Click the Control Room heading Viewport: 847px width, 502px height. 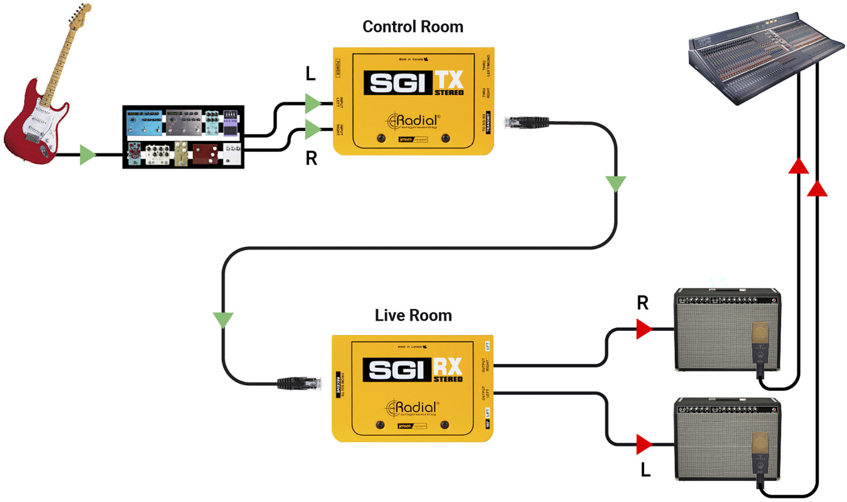click(412, 26)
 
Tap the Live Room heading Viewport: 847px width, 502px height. click(413, 315)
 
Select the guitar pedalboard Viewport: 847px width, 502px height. click(183, 137)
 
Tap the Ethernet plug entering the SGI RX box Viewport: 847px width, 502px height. click(300, 382)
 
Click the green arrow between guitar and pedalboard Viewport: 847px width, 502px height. click(87, 155)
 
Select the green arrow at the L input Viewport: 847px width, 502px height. click(312, 103)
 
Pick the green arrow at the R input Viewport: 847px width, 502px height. click(312, 129)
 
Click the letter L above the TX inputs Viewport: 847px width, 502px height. click(311, 74)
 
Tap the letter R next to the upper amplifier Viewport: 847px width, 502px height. click(642, 303)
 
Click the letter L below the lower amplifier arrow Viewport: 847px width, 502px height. click(645, 469)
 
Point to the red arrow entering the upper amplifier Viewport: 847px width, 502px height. click(644, 329)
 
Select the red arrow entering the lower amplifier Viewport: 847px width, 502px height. click(644, 444)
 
